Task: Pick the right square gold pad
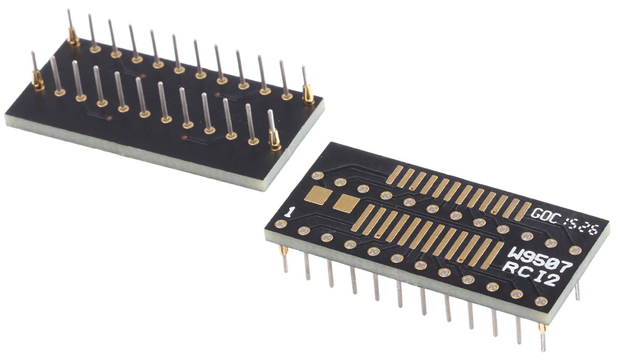(x=345, y=203)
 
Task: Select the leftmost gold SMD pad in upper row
(x=394, y=175)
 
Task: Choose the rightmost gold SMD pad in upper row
(x=522, y=210)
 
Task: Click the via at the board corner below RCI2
(x=541, y=301)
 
